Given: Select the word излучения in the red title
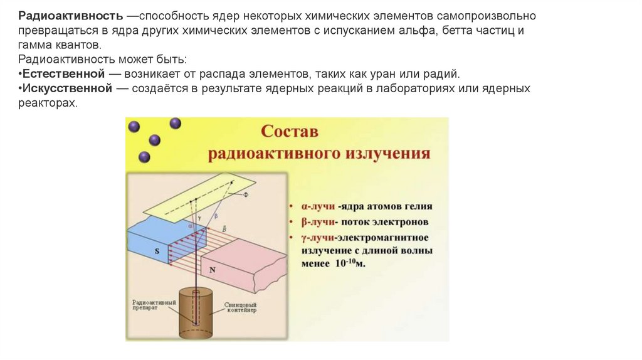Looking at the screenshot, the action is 393,154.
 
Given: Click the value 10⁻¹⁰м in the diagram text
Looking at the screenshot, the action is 350,263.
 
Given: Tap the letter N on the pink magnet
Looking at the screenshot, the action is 212,270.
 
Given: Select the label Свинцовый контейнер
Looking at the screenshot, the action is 241,308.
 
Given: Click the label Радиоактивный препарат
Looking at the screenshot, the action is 154,305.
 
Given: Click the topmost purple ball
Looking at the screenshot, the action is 175,124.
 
